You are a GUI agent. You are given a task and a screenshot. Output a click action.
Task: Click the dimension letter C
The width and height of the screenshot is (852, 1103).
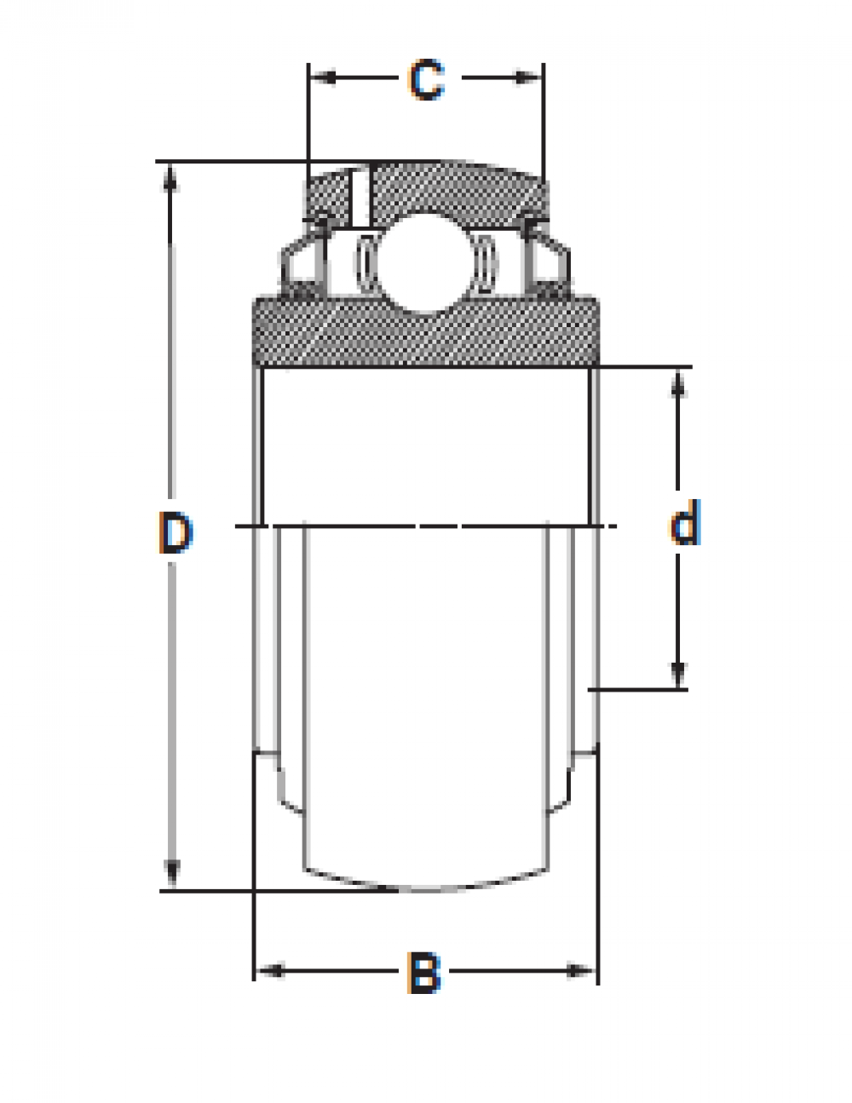427,79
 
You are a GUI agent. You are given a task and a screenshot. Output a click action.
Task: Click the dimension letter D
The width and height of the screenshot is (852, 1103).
176,532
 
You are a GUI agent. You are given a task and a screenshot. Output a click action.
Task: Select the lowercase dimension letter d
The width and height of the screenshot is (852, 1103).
685,522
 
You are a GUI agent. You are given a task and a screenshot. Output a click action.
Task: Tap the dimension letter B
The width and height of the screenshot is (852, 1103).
424,972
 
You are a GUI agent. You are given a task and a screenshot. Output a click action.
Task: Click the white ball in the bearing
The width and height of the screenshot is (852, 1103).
424,263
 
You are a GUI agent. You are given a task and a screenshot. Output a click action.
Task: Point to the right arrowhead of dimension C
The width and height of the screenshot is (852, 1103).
528,78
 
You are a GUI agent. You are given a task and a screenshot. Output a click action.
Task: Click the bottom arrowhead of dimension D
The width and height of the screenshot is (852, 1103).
172,873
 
